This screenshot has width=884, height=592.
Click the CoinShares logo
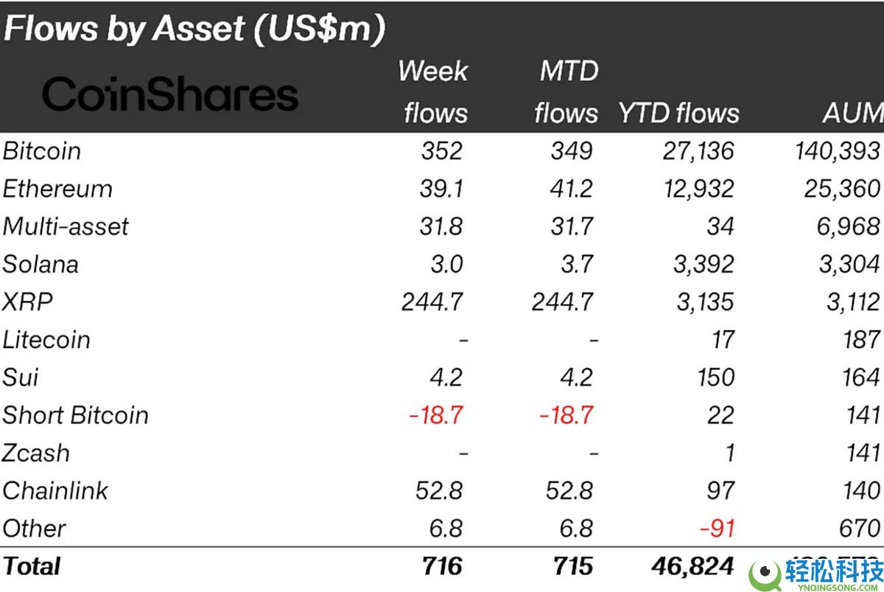point(170,94)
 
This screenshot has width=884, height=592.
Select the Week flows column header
point(435,92)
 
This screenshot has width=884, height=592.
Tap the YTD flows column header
point(678,113)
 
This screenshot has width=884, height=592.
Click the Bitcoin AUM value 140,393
point(835,151)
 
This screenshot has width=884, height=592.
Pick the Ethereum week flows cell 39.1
point(442,189)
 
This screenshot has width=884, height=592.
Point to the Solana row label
point(41,264)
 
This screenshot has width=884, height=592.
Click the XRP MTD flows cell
point(564,302)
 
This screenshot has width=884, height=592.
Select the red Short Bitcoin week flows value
point(436,415)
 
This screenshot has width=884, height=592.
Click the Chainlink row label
point(55,490)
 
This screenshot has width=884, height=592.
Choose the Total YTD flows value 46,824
point(692,566)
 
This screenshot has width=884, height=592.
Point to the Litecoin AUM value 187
point(861,340)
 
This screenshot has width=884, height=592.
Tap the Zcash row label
point(37,453)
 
